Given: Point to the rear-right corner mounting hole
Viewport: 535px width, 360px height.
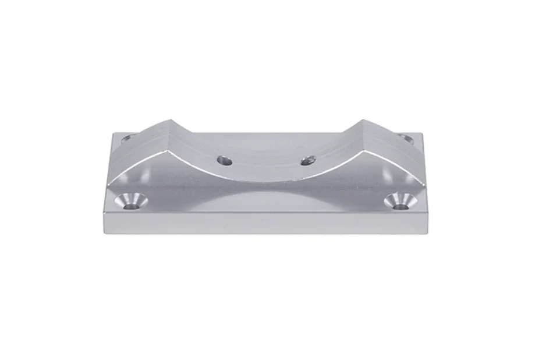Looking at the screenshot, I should click(406, 139).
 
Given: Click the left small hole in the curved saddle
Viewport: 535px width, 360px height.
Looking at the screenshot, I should click(225, 160).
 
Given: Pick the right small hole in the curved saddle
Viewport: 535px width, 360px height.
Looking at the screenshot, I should click(309, 160).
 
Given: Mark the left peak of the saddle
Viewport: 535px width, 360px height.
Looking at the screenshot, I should click(171, 121).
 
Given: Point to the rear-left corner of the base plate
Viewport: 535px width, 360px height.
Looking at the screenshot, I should click(113, 133).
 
